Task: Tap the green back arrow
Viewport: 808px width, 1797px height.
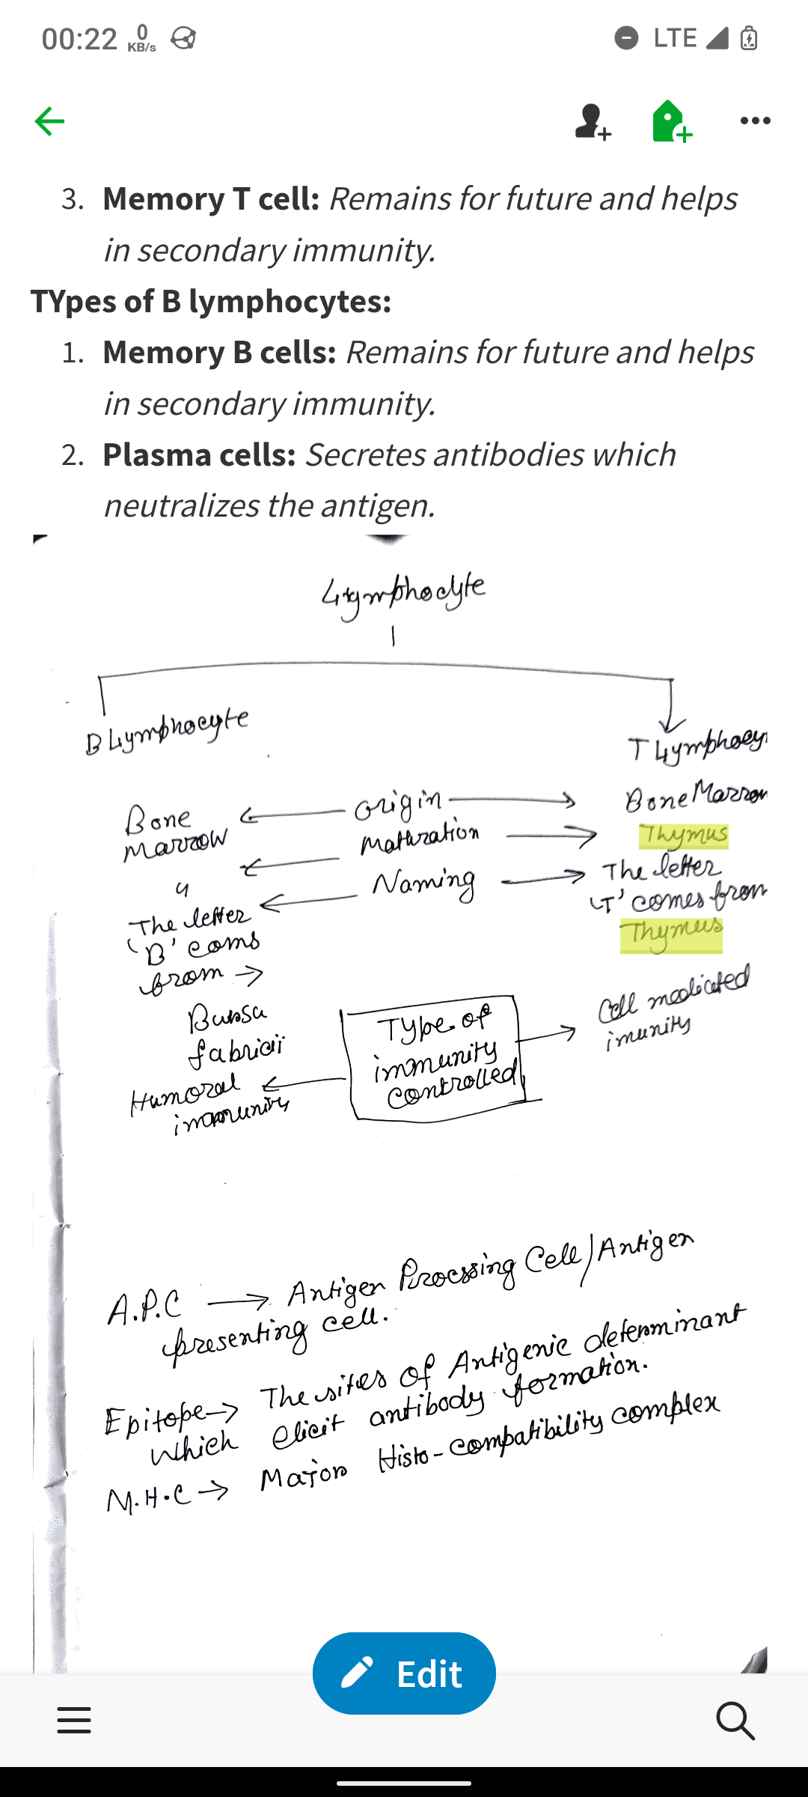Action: click(49, 121)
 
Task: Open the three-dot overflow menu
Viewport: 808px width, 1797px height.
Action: click(755, 121)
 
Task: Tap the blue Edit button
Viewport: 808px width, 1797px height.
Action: click(404, 1673)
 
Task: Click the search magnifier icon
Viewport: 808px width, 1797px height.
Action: click(735, 1720)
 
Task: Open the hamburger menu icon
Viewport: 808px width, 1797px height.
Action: click(74, 1720)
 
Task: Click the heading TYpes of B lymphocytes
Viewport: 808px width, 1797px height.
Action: click(211, 301)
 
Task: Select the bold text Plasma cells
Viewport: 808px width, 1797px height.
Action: click(199, 454)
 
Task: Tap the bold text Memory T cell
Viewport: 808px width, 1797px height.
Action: click(211, 198)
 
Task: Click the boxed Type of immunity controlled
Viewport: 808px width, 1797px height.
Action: click(436, 1057)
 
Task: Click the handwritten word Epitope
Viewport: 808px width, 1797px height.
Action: click(156, 1417)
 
